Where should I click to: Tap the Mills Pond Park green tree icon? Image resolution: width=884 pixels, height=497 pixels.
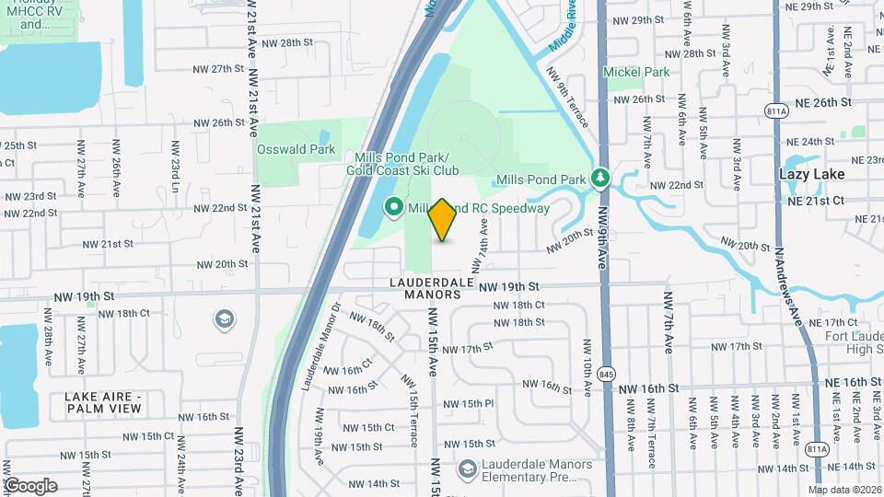pyautogui.click(x=601, y=176)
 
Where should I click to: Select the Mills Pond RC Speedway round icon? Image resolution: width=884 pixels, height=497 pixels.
pyautogui.click(x=394, y=208)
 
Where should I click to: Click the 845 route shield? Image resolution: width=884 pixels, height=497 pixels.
pyautogui.click(x=605, y=373)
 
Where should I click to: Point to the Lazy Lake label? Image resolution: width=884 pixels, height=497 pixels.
pyautogui.click(x=811, y=173)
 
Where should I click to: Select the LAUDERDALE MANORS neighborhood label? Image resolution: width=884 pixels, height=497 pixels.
pyautogui.click(x=431, y=288)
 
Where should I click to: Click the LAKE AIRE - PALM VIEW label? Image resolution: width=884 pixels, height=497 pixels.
pyautogui.click(x=103, y=401)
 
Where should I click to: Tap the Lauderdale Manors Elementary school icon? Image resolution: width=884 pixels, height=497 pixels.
pyautogui.click(x=468, y=468)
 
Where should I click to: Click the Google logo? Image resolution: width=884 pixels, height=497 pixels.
pyautogui.click(x=29, y=485)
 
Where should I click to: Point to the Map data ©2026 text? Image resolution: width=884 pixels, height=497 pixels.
pyautogui.click(x=845, y=490)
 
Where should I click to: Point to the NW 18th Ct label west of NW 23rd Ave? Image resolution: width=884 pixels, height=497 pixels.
pyautogui.click(x=126, y=314)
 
